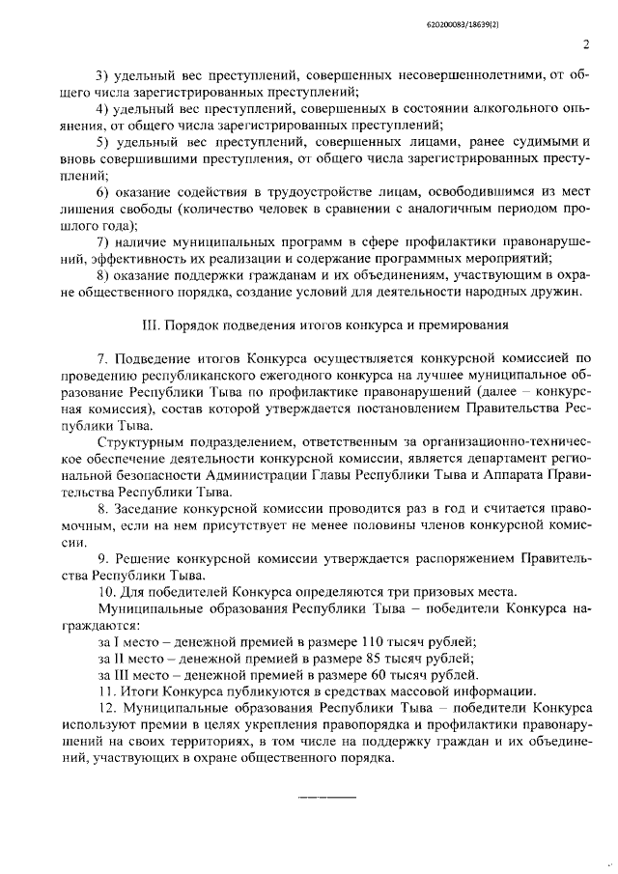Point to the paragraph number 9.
(103, 558)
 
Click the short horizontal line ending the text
(326, 796)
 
